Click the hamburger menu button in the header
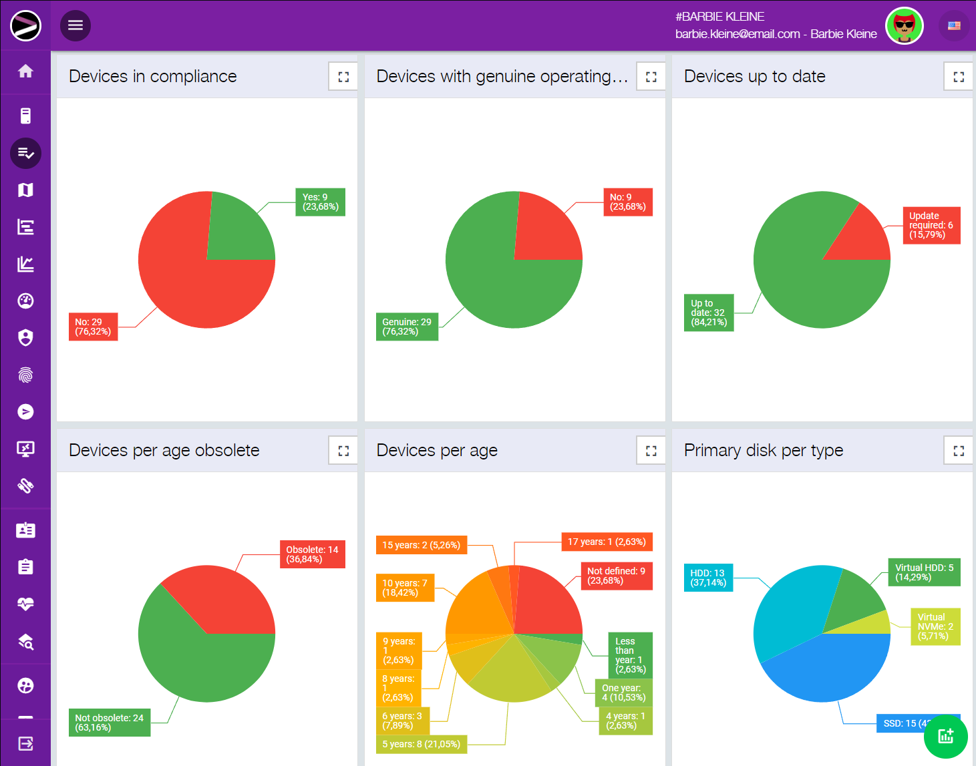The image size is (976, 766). (75, 25)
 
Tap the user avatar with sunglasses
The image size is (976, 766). (904, 26)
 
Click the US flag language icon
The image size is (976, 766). (954, 26)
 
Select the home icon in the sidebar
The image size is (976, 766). (25, 71)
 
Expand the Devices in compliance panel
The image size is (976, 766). (343, 77)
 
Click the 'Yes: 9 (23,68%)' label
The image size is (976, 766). (320, 202)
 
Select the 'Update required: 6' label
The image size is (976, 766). (931, 225)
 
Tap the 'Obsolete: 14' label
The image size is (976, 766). (312, 554)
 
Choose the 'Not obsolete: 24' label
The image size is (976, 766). (110, 723)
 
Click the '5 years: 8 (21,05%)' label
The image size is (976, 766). (421, 744)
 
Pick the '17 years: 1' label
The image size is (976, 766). (607, 542)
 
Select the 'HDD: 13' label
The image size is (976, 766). (707, 578)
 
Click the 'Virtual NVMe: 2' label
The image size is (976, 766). (935, 626)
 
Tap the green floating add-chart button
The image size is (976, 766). (945, 736)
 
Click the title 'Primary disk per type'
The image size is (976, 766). (764, 451)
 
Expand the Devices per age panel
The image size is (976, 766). (651, 451)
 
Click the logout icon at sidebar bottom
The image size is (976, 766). (25, 743)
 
